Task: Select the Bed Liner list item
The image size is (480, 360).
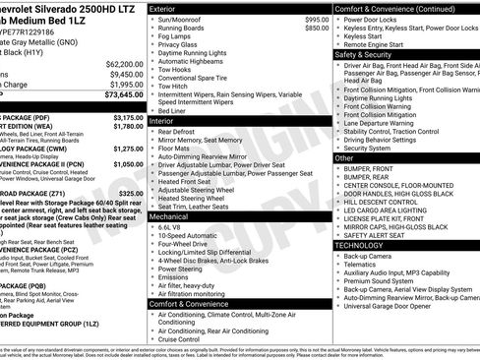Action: [178, 110]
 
